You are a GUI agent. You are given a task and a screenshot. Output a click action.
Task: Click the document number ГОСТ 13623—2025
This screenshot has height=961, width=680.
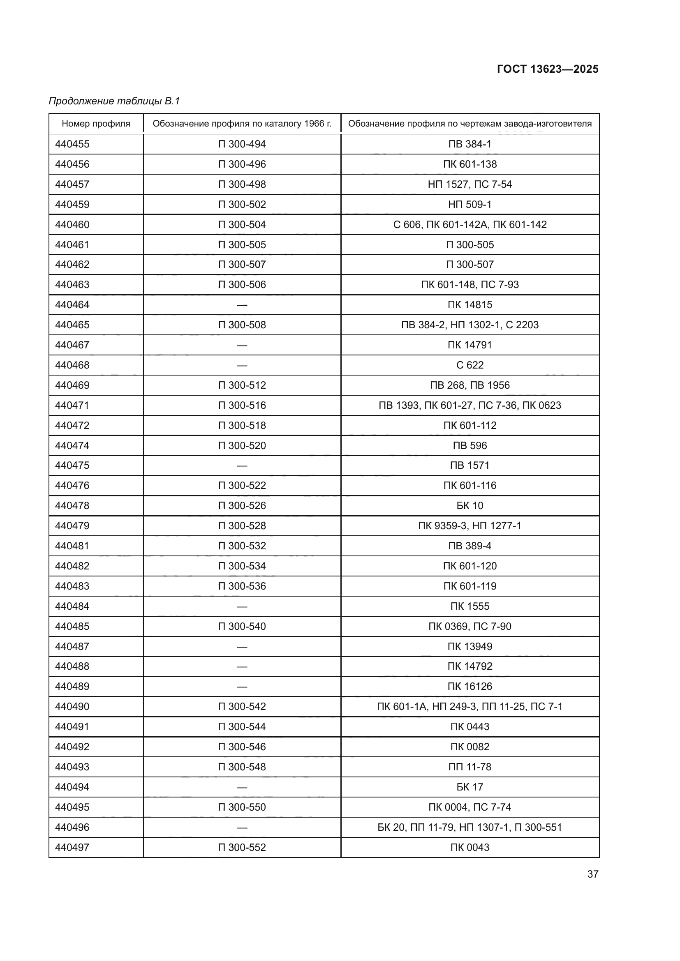[x=547, y=69]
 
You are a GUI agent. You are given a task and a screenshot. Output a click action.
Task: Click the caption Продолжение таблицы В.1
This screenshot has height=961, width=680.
[x=114, y=101]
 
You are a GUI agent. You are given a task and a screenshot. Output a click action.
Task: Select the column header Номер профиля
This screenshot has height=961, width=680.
[x=96, y=124]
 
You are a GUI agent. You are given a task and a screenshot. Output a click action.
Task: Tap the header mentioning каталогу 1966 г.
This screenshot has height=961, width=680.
[x=242, y=124]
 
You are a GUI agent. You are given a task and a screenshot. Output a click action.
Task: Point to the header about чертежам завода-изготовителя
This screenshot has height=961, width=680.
[x=470, y=124]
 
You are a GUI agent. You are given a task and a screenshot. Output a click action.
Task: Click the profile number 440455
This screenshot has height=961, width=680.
[x=72, y=144]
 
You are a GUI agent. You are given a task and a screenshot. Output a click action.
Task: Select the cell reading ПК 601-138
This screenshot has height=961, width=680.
[x=470, y=164]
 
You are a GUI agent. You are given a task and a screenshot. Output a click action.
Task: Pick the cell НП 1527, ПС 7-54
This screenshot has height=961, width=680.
[x=470, y=184]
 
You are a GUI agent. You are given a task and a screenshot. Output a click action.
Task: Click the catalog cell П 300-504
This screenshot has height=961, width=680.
[x=242, y=224]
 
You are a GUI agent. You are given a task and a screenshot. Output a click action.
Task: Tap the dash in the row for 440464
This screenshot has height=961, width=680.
[x=242, y=305]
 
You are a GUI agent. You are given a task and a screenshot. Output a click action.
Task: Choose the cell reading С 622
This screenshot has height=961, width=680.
[x=470, y=365]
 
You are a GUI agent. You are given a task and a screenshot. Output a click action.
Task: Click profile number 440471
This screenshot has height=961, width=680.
[x=72, y=405]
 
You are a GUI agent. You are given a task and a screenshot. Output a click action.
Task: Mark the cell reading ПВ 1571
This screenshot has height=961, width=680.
[x=470, y=466]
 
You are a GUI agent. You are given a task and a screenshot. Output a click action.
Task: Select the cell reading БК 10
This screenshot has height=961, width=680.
[x=470, y=506]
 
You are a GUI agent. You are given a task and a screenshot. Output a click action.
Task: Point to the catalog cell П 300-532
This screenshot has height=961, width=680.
[x=242, y=546]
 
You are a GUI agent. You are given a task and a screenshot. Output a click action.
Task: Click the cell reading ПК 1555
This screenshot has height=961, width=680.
[x=470, y=606]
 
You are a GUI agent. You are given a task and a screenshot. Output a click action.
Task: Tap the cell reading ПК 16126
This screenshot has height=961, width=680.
[x=470, y=687]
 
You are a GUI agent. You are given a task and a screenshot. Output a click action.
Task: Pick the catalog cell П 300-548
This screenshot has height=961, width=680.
[x=242, y=767]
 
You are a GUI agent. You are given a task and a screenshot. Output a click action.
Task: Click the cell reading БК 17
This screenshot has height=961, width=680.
[x=470, y=787]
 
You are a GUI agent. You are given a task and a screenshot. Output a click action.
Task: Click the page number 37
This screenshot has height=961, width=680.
[x=592, y=874]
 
